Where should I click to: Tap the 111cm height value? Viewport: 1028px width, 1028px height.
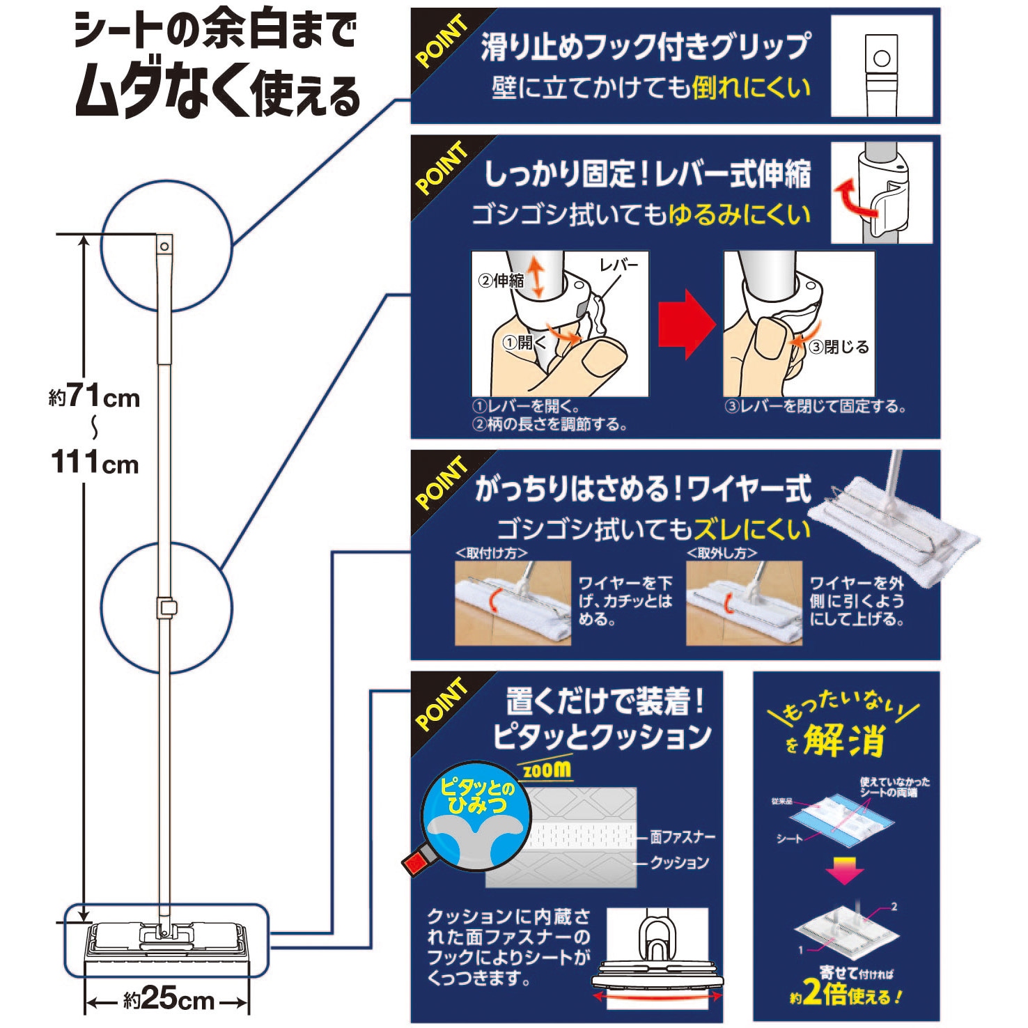[95, 462]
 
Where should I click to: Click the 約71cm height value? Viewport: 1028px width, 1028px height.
[95, 397]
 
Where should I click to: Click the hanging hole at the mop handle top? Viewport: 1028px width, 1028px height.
[164, 247]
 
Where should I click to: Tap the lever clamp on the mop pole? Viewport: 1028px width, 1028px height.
[166, 607]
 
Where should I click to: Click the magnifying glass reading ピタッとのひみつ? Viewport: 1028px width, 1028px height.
[476, 815]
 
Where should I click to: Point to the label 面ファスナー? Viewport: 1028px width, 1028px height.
[683, 836]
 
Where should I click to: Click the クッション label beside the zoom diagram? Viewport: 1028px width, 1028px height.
[679, 862]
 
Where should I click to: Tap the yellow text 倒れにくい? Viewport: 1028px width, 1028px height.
[751, 88]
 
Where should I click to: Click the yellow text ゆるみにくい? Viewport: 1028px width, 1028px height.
[739, 215]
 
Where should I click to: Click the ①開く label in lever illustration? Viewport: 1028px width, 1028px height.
[524, 342]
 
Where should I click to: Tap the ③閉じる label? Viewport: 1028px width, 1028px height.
[839, 347]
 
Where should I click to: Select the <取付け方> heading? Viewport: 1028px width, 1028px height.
[491, 552]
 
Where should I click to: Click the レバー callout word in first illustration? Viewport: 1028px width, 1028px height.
[618, 265]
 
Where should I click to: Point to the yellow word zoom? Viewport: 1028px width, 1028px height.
[547, 769]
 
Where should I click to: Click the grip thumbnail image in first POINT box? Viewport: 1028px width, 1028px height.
[881, 66]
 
